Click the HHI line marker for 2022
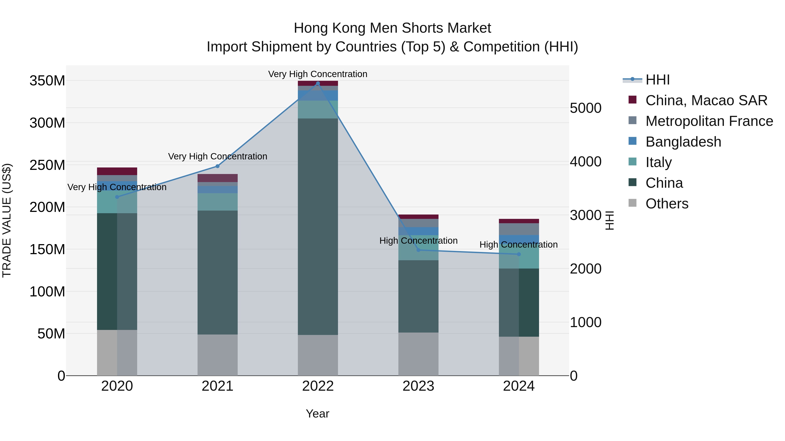(318, 83)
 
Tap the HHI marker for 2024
(519, 254)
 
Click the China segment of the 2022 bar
(318, 227)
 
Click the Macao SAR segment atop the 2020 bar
(117, 171)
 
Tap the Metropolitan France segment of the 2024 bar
(519, 229)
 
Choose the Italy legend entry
(658, 162)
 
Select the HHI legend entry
(657, 80)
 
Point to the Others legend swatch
(632, 203)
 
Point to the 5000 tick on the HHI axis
(585, 108)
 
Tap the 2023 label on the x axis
(418, 386)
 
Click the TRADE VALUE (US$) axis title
(7, 220)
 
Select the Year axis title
(317, 414)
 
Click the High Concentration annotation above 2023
(418, 241)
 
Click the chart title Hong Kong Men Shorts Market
(392, 28)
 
